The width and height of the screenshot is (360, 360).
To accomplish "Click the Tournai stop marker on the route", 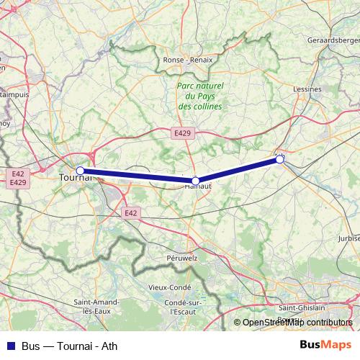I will click(81, 171).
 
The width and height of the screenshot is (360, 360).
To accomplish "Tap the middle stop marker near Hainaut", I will click(196, 181).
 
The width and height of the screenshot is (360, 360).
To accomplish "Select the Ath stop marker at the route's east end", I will click(279, 160).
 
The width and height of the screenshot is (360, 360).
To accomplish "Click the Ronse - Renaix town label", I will click(189, 60).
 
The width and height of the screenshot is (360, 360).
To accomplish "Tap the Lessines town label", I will click(307, 89).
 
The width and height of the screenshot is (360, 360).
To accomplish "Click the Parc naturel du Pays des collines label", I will click(200, 96).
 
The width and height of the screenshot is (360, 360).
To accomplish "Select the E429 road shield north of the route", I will click(183, 133).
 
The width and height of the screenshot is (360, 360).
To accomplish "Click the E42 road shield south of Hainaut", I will click(130, 213).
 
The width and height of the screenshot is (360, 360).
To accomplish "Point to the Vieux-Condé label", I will click(167, 287).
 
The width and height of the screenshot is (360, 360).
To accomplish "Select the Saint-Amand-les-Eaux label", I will click(101, 307).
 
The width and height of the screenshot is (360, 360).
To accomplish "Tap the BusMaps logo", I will click(325, 345).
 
